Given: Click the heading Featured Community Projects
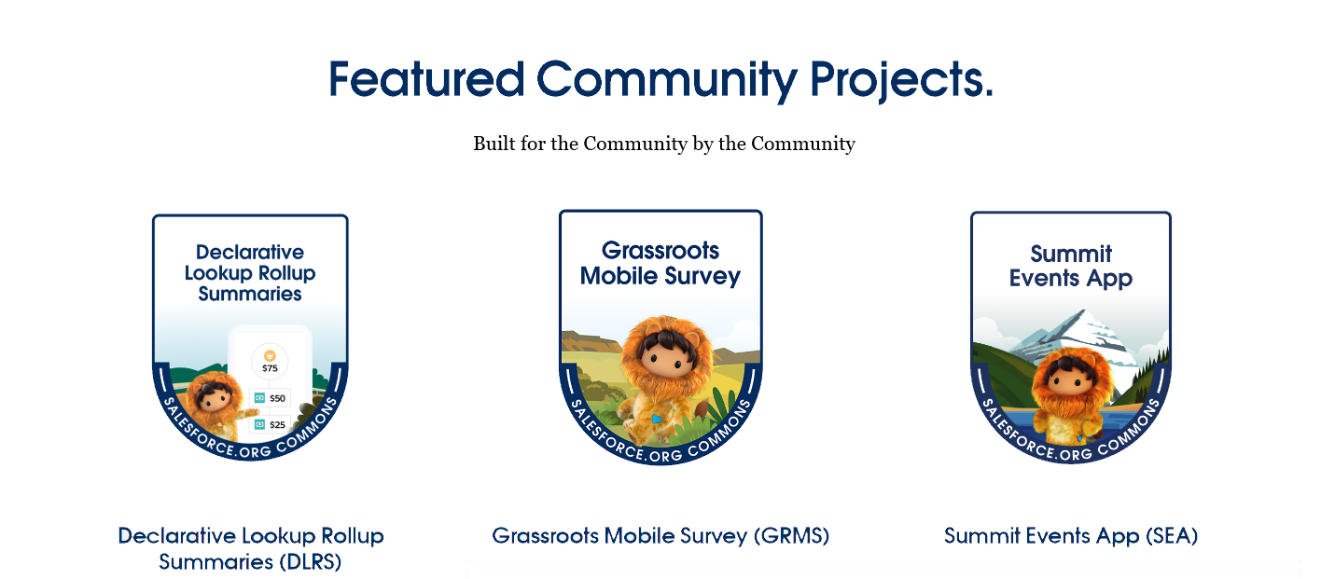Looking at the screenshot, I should tap(661, 79).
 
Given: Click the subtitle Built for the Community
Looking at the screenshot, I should tap(663, 144).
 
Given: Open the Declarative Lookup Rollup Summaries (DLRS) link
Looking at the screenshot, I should tap(250, 548).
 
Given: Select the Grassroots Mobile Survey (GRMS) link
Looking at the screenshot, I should tap(661, 535).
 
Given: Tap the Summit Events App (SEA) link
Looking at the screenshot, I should tap(1070, 535).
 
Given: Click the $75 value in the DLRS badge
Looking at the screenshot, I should tap(270, 367).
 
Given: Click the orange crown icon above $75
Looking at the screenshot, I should tap(270, 355).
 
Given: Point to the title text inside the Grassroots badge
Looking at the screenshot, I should tap(661, 263).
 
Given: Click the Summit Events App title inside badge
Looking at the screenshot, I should tap(1070, 266).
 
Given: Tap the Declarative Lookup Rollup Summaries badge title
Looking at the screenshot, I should tap(250, 272).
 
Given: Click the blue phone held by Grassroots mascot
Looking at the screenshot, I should tap(657, 420).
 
